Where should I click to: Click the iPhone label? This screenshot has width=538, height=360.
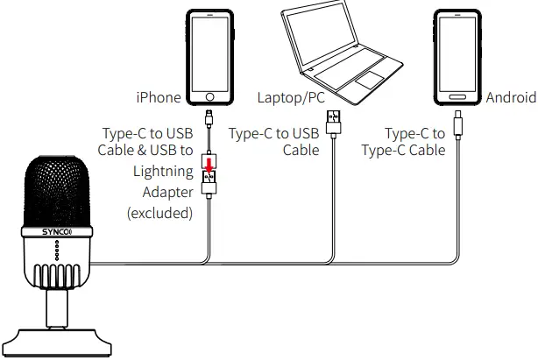(x=158, y=97)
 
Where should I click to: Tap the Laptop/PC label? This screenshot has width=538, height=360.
(x=290, y=97)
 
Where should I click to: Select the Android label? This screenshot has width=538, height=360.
(x=510, y=97)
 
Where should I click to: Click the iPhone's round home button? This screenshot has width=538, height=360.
(x=209, y=95)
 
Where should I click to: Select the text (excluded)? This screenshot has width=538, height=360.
(x=159, y=213)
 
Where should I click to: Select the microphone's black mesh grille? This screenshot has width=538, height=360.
(x=55, y=188)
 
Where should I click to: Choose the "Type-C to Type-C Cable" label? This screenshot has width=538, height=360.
(x=404, y=142)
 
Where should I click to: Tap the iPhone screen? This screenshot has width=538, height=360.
(x=209, y=51)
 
